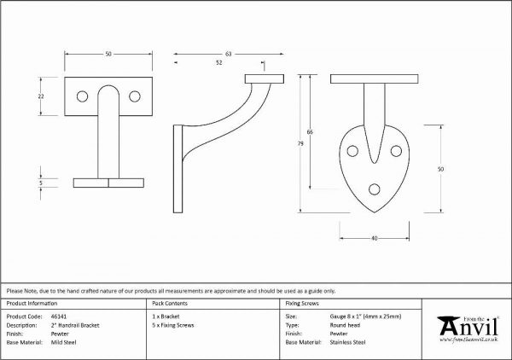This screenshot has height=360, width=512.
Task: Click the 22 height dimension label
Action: point(41,96)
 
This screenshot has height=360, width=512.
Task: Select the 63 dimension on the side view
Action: point(228,54)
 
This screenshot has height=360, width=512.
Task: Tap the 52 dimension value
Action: point(218,62)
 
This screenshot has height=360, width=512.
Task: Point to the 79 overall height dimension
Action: point(300,143)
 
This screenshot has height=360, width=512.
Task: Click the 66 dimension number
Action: point(310,132)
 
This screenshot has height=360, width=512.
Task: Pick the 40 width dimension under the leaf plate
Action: point(375,238)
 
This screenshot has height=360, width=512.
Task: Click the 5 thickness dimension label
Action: point(41,183)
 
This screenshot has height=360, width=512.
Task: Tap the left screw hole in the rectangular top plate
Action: point(82,96)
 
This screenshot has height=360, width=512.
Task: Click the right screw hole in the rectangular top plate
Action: point(135,96)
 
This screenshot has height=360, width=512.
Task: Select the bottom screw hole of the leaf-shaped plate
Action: point(375,189)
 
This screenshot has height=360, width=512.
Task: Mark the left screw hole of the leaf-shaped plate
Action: point(352,151)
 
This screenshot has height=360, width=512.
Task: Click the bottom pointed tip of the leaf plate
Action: point(375,212)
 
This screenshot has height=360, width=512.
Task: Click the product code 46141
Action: point(59,316)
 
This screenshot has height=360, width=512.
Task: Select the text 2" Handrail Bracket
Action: point(75,325)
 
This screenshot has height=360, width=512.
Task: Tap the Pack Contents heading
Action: point(170,304)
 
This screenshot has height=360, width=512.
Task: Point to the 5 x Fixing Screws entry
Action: point(173,325)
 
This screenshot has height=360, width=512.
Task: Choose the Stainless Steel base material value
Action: point(348,342)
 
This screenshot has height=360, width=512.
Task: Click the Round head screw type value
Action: point(345,325)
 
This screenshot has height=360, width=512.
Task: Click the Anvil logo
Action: point(468,329)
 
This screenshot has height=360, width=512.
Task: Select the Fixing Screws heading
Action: point(302,304)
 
